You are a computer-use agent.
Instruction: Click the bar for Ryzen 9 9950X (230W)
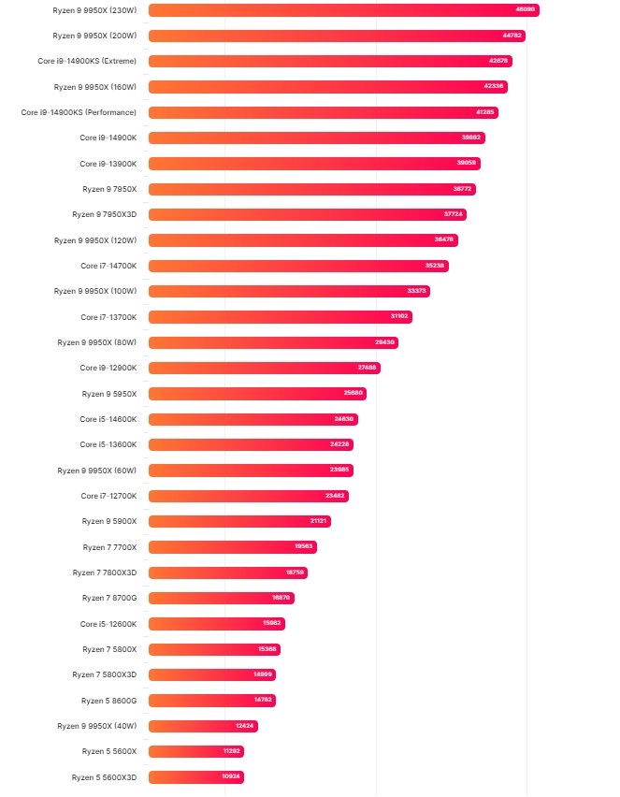click(x=343, y=10)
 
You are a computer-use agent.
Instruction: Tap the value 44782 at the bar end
click(x=512, y=36)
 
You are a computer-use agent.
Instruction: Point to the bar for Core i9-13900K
click(x=314, y=164)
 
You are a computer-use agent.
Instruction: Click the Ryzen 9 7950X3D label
click(x=104, y=214)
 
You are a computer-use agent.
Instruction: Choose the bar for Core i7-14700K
click(x=298, y=266)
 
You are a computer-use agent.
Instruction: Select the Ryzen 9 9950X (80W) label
click(x=96, y=342)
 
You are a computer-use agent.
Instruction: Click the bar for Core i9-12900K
click(x=265, y=368)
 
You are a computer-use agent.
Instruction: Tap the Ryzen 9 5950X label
click(x=109, y=394)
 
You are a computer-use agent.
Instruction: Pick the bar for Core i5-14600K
click(x=252, y=419)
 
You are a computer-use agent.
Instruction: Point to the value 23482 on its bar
click(x=335, y=496)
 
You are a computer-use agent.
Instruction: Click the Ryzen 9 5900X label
click(x=109, y=521)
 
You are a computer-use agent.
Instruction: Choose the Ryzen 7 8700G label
click(x=109, y=598)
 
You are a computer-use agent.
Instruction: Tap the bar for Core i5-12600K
click(x=216, y=624)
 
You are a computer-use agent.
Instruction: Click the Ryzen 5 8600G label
click(x=108, y=700)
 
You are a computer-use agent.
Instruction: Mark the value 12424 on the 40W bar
click(x=245, y=726)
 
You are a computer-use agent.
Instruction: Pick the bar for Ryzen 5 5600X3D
click(x=195, y=777)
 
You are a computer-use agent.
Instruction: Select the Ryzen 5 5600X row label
click(x=109, y=751)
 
